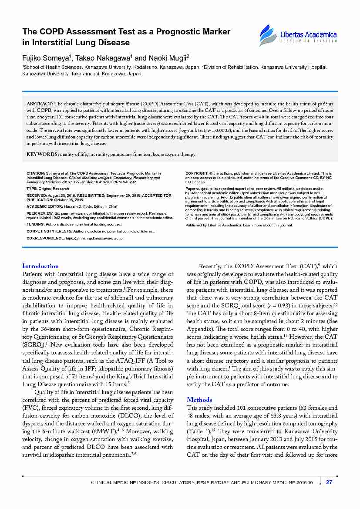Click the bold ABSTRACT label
(x=40, y=104)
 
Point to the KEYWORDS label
(x=43, y=154)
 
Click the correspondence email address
(x=94, y=238)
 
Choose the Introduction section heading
(x=40, y=266)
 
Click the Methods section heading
(x=199, y=399)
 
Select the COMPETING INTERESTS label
(x=49, y=231)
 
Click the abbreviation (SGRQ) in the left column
(x=33, y=344)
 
